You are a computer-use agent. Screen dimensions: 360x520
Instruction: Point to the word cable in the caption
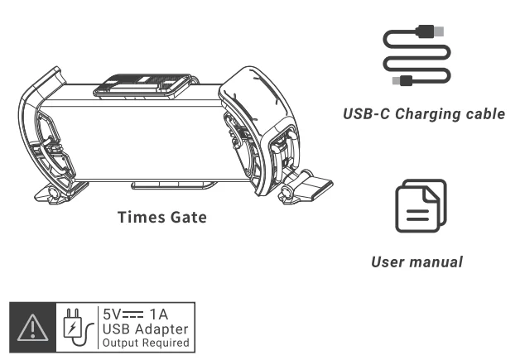[x=484, y=113]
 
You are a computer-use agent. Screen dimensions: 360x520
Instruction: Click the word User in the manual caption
[x=388, y=262]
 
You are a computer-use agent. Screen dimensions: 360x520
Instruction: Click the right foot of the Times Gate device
[x=313, y=189]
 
